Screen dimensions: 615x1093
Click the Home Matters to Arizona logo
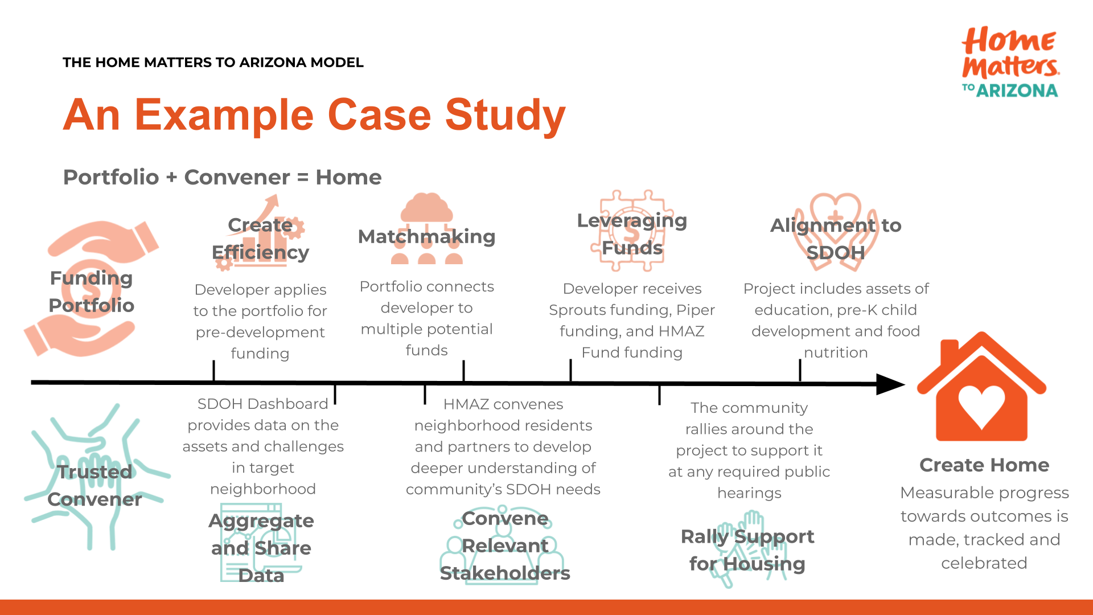tap(1010, 63)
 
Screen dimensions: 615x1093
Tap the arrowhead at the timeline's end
tap(889, 384)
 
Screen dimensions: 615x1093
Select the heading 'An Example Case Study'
tap(314, 116)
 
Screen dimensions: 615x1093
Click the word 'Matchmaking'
tap(426, 236)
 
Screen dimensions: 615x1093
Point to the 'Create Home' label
tap(984, 465)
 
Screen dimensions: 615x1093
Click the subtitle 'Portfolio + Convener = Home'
tap(222, 177)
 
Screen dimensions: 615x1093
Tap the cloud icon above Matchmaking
tap(426, 208)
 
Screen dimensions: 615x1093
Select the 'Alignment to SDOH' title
tap(835, 239)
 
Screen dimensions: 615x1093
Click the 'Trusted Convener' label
tap(94, 485)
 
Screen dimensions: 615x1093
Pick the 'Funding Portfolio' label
tap(91, 292)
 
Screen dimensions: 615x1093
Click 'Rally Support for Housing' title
tap(747, 550)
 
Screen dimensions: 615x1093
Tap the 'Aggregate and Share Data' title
tap(261, 548)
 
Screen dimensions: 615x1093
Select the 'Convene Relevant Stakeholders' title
tap(504, 546)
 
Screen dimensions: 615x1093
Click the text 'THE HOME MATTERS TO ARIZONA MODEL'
tap(213, 63)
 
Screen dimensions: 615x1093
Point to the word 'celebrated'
tap(984, 563)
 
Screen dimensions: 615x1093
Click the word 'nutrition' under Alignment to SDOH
tap(836, 352)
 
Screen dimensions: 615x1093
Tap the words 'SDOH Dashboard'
tap(262, 404)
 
